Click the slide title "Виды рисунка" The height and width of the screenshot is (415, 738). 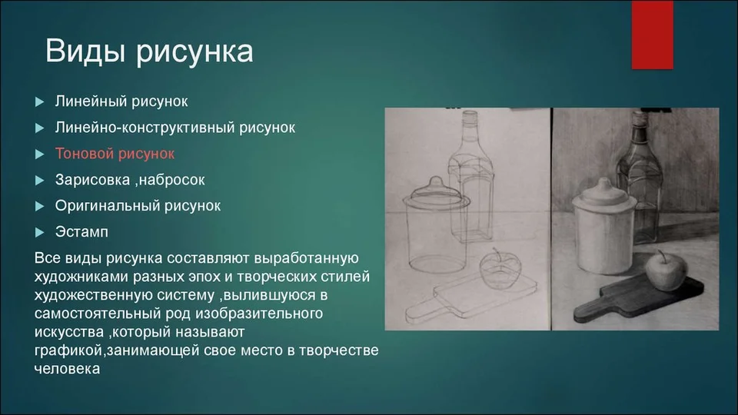[149, 51]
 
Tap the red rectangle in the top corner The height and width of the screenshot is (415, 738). [653, 35]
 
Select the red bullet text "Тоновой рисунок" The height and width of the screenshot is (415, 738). [115, 154]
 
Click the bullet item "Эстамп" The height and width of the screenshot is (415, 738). [81, 232]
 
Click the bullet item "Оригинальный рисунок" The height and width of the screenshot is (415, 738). [138, 206]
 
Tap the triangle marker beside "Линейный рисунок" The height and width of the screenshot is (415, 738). [39, 101]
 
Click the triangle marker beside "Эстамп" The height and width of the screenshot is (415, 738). [39, 232]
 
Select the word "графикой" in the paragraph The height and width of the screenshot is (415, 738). [68, 350]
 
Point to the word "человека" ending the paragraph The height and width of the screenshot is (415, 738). [68, 368]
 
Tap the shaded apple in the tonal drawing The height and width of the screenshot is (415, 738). [665, 271]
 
